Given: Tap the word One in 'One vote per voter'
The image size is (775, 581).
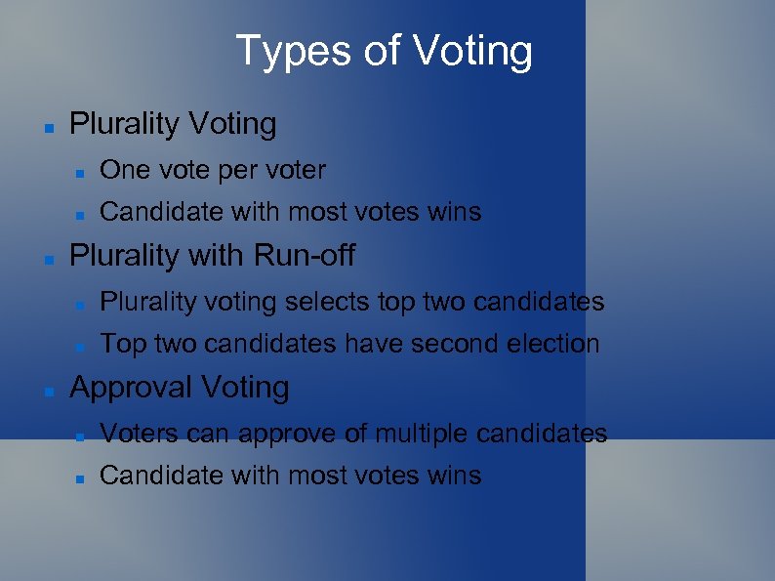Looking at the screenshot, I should click(x=121, y=170).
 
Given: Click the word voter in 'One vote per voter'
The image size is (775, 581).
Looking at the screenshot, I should click(x=295, y=170).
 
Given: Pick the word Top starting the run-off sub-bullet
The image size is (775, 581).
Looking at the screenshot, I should click(x=119, y=344).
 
